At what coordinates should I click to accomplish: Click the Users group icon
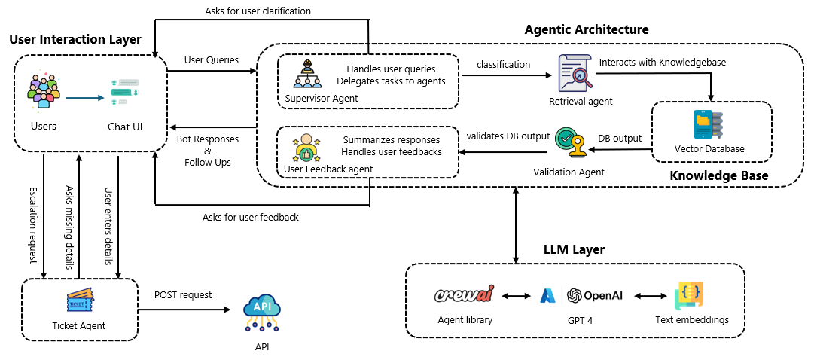point(43,90)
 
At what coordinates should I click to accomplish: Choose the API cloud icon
point(262,313)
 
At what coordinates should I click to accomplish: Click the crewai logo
point(464,294)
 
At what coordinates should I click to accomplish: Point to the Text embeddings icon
point(690,295)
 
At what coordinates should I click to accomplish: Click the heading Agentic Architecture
point(586,30)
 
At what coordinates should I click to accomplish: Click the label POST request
point(183,294)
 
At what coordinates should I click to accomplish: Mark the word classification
point(504,65)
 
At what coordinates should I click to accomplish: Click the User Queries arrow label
point(212,59)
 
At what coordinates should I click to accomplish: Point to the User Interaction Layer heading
point(75,39)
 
